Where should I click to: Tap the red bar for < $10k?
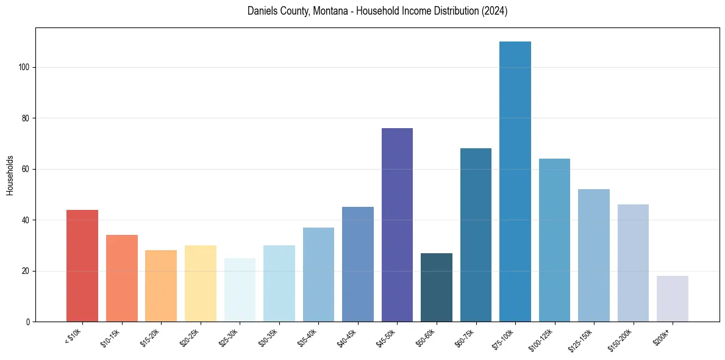click(x=82, y=265)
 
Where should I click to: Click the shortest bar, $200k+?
click(x=673, y=298)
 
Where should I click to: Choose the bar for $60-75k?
click(x=476, y=235)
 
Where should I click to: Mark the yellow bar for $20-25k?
click(x=201, y=283)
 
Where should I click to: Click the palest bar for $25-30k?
click(x=240, y=290)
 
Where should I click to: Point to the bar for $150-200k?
click(x=633, y=263)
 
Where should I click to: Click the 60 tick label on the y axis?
click(x=26, y=169)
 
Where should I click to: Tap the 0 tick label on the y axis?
click(x=28, y=322)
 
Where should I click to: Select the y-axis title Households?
click(x=10, y=175)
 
